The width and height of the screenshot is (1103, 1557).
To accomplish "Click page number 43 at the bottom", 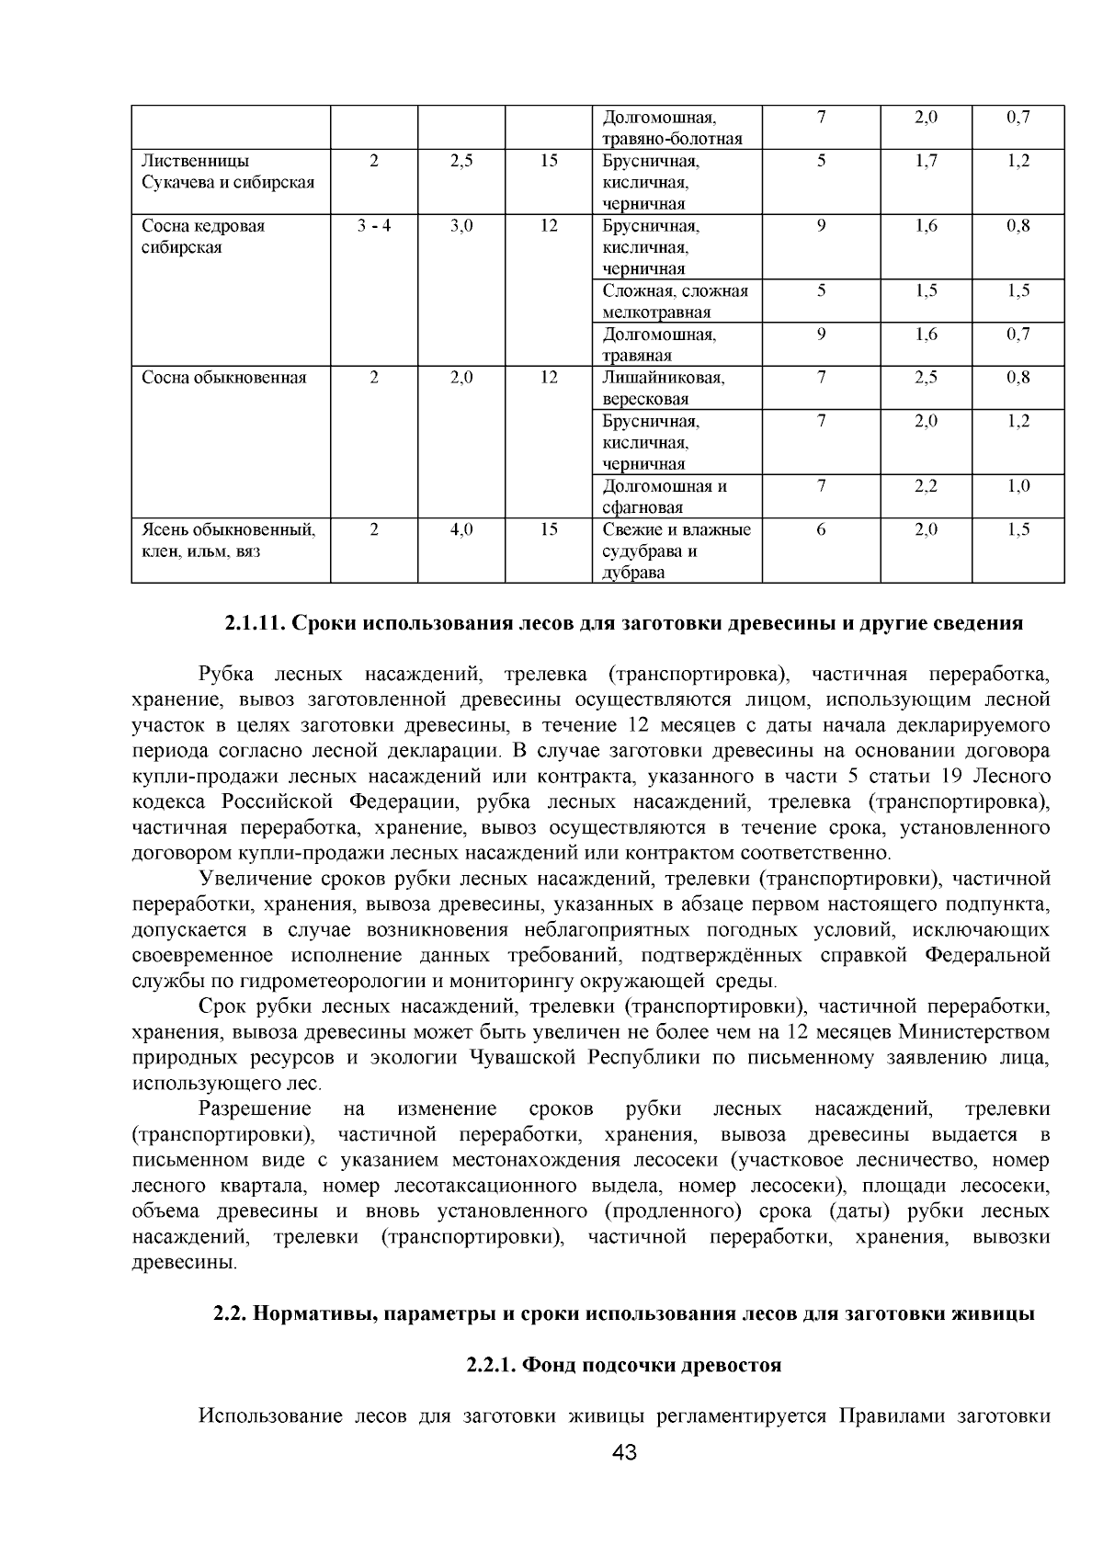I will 624,1452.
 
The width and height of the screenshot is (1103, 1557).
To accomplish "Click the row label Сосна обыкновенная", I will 223,378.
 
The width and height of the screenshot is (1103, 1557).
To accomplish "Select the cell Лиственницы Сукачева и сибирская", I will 228,171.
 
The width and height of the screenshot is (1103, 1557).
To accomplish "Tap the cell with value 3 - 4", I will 373,226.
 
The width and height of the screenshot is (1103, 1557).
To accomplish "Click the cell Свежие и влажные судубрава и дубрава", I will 677,551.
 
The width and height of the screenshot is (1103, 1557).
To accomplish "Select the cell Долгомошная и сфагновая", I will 665,496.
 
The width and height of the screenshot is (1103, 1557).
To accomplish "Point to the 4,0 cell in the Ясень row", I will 461,530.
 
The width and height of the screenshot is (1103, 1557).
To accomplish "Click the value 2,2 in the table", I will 926,486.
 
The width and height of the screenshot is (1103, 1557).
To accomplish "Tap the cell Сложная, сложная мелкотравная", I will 676,301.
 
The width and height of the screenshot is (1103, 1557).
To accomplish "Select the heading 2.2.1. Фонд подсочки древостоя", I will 624,1365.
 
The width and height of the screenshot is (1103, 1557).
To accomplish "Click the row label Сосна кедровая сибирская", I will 203,236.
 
